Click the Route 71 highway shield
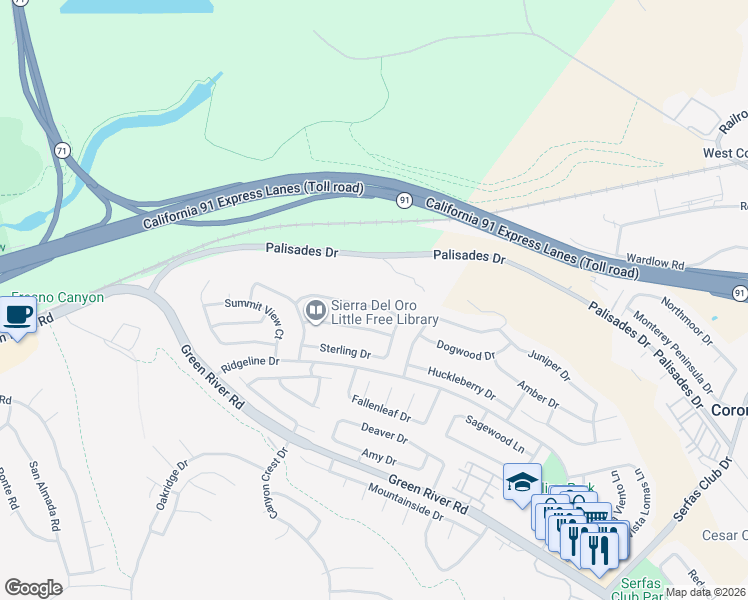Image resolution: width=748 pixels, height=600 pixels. point(63,150)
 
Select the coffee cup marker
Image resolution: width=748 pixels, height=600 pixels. point(17,317)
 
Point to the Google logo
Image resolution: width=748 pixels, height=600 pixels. point(33,588)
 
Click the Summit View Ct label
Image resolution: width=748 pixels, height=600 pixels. point(254,318)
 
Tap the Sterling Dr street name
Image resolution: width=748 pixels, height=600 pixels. point(345,352)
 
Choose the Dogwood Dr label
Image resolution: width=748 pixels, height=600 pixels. point(466,349)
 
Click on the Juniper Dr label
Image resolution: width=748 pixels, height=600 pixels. point(548,364)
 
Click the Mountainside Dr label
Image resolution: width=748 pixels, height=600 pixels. point(405,502)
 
